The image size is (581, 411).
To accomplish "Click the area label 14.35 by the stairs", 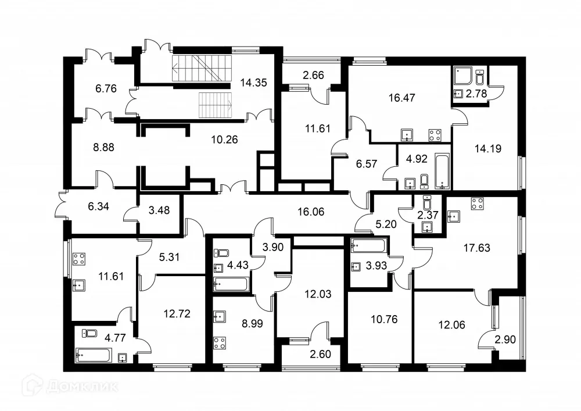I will tap(253, 83).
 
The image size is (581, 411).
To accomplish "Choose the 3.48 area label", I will tap(159, 211).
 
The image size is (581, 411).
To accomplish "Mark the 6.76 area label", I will tap(106, 89).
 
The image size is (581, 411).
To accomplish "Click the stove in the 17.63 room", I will tap(478, 204).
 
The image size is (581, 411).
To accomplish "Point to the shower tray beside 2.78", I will tap(462, 77).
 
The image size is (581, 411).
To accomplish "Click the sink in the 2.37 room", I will tap(428, 227).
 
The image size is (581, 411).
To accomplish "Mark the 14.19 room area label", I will tap(487, 148).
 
